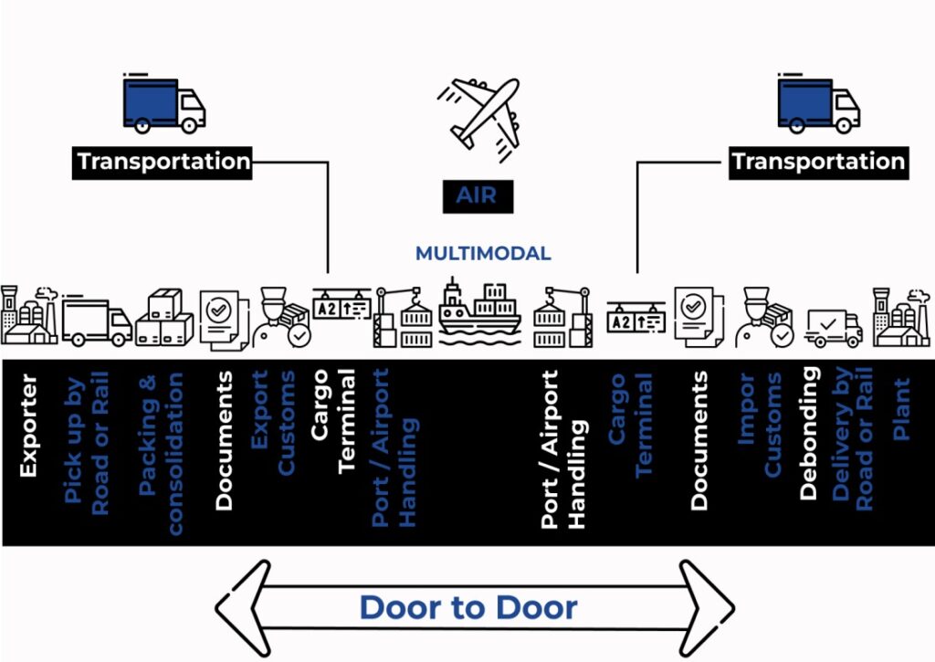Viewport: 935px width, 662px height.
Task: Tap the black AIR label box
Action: [479, 194]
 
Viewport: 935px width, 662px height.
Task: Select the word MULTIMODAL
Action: [483, 253]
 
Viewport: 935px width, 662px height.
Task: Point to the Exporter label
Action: [28, 425]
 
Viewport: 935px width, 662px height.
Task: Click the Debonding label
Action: [808, 435]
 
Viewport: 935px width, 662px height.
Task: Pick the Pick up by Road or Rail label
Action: [87, 442]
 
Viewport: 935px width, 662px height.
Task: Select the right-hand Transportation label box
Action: [818, 162]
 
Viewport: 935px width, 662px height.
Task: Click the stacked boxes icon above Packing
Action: [164, 319]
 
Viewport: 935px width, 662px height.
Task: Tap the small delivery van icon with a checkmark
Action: [834, 327]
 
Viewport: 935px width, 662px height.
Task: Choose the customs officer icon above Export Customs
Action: [284, 317]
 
